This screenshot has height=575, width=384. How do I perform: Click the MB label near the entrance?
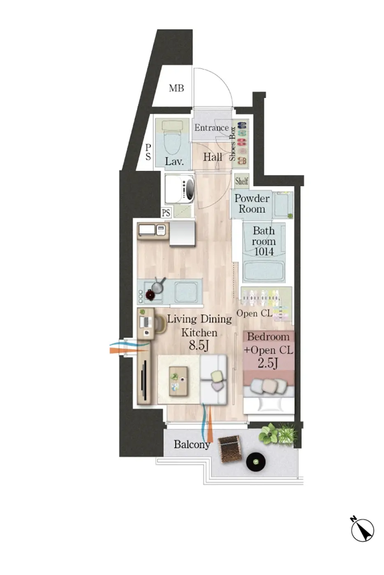tap(176, 88)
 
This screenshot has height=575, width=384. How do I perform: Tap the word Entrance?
tap(211, 127)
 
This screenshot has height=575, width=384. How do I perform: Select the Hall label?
tap(213, 157)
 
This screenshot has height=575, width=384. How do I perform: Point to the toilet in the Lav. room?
tap(172, 137)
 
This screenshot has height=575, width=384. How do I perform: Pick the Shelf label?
tap(242, 181)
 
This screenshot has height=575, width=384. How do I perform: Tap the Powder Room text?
tap(252, 203)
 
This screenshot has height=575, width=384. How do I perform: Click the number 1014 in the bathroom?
tap(264, 252)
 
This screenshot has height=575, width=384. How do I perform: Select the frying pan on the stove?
tap(158, 286)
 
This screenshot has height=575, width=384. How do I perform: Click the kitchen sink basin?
tap(186, 292)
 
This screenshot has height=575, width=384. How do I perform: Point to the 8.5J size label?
tap(199, 345)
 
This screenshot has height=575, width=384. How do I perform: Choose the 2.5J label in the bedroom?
tap(268, 363)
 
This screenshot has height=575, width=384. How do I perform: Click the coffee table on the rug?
tap(178, 381)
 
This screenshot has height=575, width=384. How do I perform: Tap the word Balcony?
tap(192, 444)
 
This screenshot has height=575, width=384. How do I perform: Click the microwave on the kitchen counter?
tap(147, 230)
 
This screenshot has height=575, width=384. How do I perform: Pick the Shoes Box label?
tap(233, 144)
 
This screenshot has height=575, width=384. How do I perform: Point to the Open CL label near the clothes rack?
tap(254, 313)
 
